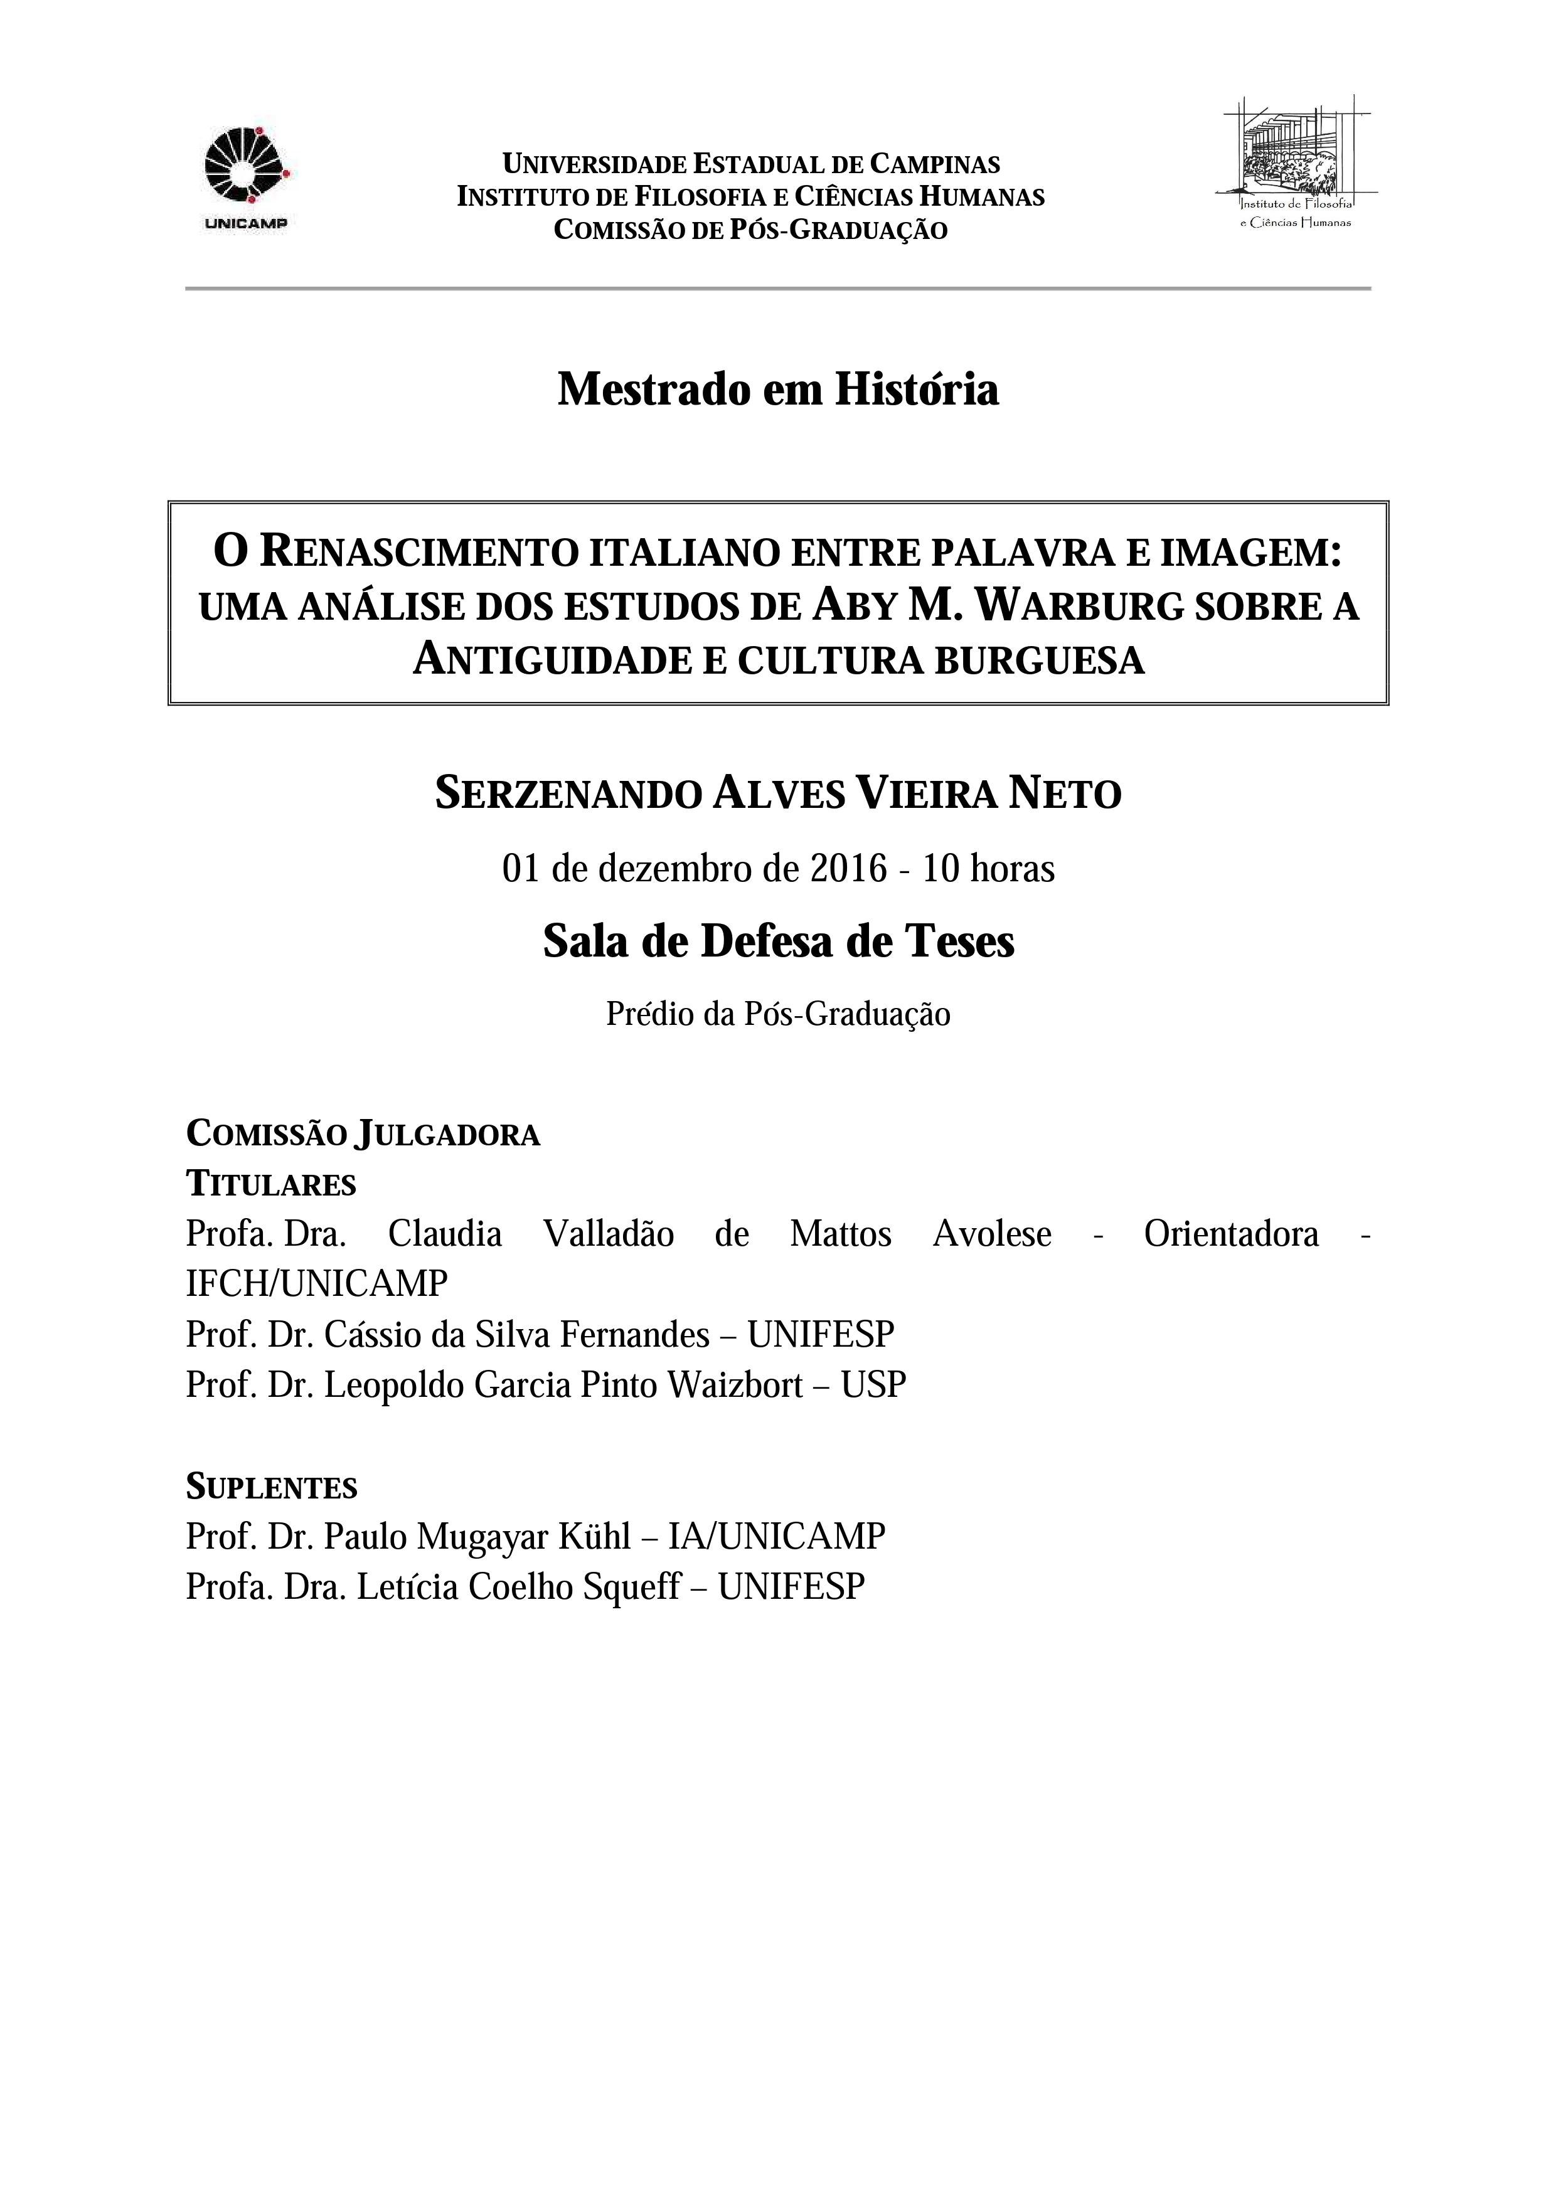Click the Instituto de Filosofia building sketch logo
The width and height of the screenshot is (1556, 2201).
click(x=1295, y=158)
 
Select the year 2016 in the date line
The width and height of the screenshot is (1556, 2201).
click(x=848, y=869)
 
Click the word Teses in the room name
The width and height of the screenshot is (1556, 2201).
click(x=959, y=941)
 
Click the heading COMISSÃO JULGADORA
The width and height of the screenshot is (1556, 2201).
click(x=363, y=1134)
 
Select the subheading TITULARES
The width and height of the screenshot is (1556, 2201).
click(x=271, y=1185)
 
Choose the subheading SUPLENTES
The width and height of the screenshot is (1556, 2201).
click(x=271, y=1487)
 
